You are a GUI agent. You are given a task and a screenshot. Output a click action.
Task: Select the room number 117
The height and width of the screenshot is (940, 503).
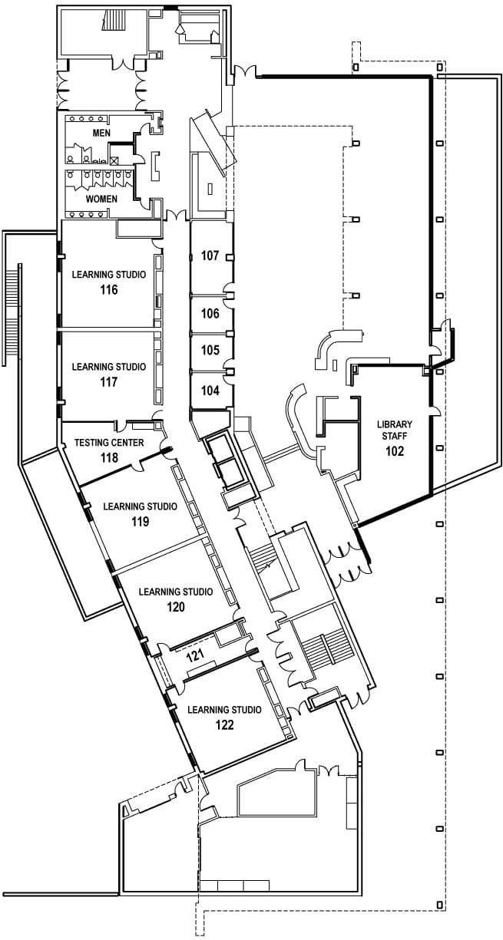pos(108,381)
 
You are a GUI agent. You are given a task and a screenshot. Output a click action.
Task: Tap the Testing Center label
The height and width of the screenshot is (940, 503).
pos(108,443)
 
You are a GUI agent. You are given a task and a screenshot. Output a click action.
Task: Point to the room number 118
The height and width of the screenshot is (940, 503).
pos(108,457)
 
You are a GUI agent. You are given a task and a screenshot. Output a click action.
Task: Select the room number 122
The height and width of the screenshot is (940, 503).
pos(224,724)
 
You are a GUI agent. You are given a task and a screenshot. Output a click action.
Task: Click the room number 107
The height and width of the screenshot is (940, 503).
pos(210,256)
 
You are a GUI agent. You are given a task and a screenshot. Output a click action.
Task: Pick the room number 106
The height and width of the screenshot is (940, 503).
pos(210,313)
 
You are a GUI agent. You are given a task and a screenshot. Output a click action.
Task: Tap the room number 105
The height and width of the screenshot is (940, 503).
pos(210,350)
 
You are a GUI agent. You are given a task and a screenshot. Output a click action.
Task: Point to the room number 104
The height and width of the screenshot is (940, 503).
pos(210,390)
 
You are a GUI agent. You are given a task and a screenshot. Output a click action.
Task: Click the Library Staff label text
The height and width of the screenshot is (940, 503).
pos(395,430)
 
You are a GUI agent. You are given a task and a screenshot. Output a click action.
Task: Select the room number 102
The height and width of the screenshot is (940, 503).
pos(395,451)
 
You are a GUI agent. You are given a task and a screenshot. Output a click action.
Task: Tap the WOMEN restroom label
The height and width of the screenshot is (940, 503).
pos(101,199)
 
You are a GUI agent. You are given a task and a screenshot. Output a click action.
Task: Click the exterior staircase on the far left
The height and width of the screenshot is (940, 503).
pos(12,311)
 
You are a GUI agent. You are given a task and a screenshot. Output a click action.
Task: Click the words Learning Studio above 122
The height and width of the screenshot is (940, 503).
pos(224,710)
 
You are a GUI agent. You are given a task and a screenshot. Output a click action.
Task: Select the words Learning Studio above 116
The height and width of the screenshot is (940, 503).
pos(108,275)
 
